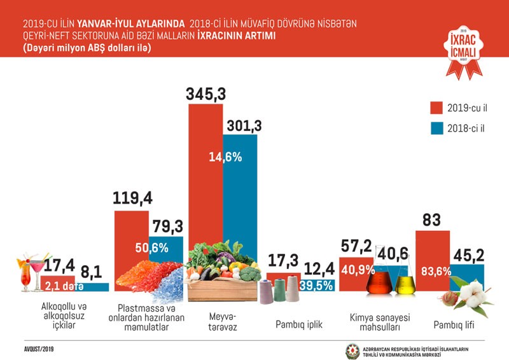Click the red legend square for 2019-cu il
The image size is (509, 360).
point(436,106)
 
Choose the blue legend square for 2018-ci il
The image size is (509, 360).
point(436,127)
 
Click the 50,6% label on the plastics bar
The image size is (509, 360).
point(150,247)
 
